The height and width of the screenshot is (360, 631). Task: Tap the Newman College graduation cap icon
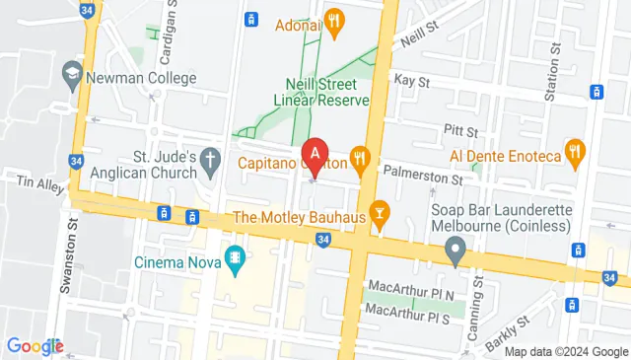point(72,74)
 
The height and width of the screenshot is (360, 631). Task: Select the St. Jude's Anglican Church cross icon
point(209,159)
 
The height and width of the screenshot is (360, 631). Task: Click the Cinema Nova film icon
point(234,259)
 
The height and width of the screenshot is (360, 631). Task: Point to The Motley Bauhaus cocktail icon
point(379,214)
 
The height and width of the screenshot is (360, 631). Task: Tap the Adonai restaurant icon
point(334,21)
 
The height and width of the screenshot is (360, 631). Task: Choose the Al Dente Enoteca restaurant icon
point(574,151)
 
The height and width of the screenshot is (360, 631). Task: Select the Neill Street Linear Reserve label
point(327,92)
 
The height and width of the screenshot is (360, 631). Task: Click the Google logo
point(35,345)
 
